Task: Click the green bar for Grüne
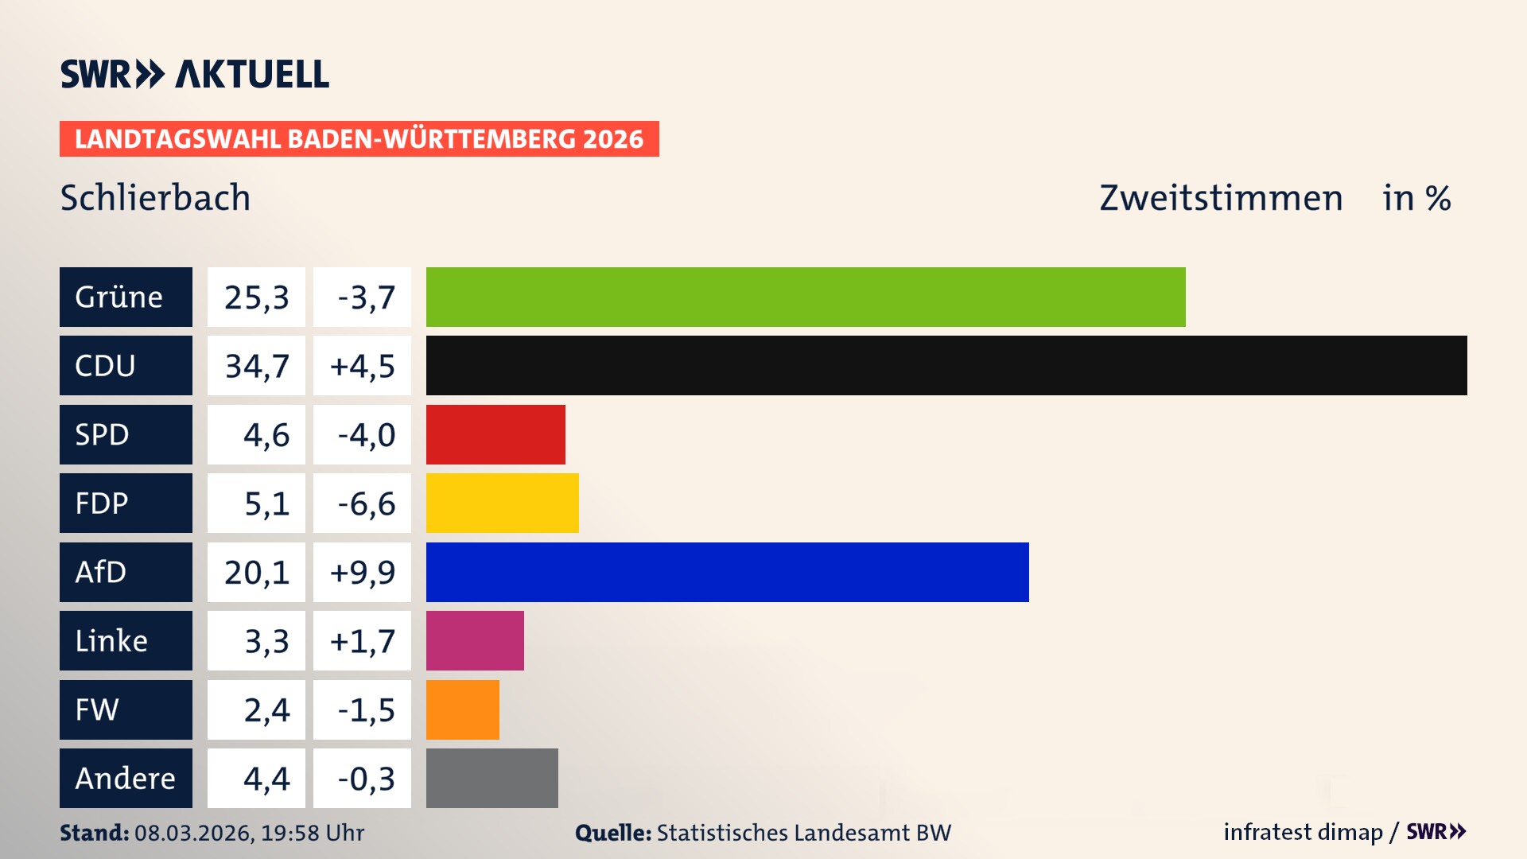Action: coord(805,297)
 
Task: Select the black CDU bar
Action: coord(946,365)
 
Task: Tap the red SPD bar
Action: coord(495,434)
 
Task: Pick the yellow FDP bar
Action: coord(502,503)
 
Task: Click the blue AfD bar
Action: coord(727,572)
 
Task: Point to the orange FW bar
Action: coord(462,709)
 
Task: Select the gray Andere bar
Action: coord(492,778)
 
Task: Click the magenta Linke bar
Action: coord(475,640)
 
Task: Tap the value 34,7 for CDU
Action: coord(256,366)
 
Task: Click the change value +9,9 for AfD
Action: coord(362,572)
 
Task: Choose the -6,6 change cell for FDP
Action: coord(362,503)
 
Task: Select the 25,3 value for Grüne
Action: coord(256,297)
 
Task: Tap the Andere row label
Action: coord(126,778)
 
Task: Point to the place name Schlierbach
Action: coord(155,197)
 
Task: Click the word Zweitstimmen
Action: coord(1221,197)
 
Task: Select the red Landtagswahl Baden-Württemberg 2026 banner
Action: coord(359,138)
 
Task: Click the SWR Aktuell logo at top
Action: coord(194,74)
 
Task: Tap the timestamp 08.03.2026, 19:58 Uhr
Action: coord(249,833)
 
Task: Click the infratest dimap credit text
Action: coord(1303,832)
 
